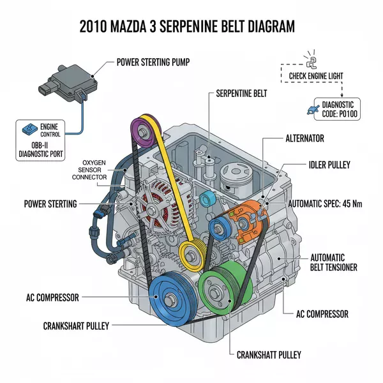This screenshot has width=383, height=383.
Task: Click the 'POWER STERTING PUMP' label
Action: pyautogui.click(x=156, y=63)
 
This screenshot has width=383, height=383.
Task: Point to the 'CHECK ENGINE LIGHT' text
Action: pyautogui.click(x=316, y=76)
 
